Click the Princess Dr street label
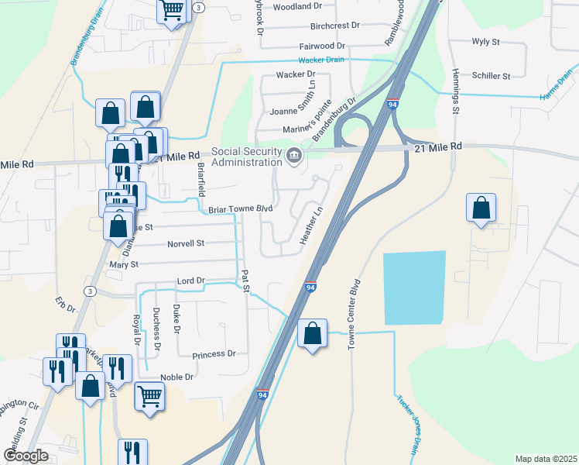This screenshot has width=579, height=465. click(214, 353)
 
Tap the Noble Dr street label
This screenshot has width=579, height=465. click(176, 377)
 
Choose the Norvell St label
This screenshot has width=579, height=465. click(185, 243)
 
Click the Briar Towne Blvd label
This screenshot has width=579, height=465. click(241, 209)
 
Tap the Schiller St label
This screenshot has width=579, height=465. click(492, 76)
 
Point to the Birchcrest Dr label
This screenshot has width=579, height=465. click(334, 25)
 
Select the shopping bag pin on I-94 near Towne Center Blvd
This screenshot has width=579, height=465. click(312, 335)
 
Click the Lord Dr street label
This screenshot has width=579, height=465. click(190, 280)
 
